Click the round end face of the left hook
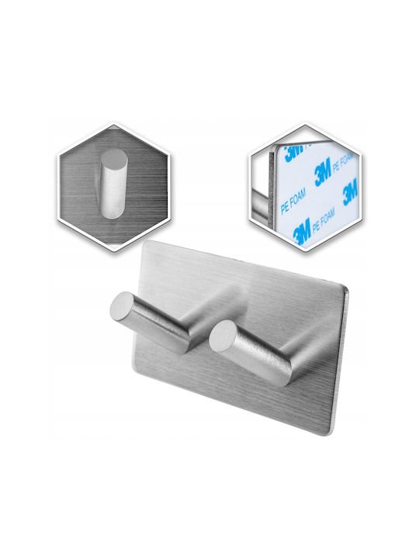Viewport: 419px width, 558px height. click(x=122, y=305)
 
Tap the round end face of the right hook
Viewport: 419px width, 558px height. click(x=222, y=336)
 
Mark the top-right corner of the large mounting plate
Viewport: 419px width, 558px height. click(x=347, y=288)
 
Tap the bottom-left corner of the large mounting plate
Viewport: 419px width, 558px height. click(x=132, y=370)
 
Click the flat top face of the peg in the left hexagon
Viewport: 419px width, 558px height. click(x=113, y=157)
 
